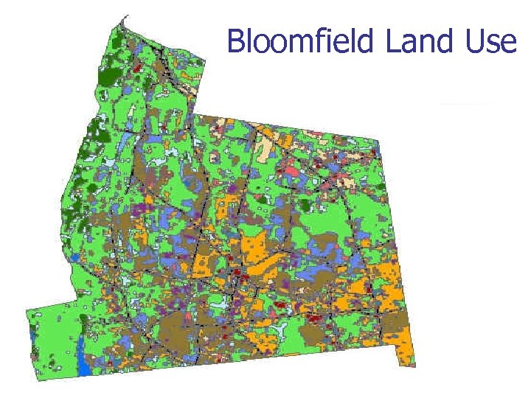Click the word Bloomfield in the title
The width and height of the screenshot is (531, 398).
pyautogui.click(x=302, y=41)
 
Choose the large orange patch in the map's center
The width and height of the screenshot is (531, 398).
pyautogui.click(x=258, y=251)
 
